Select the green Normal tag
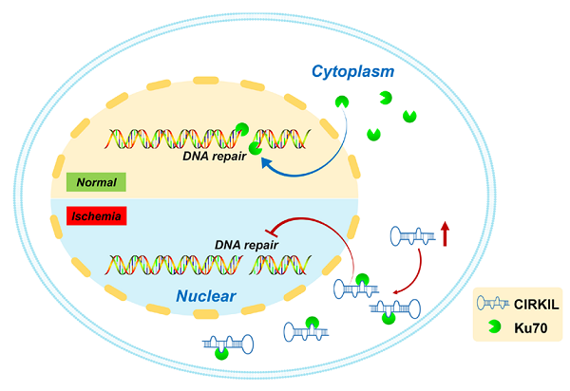tap(97, 180)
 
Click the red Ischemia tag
tap(97, 215)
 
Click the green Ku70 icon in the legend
tap(492, 329)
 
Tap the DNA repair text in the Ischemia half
tap(245, 244)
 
